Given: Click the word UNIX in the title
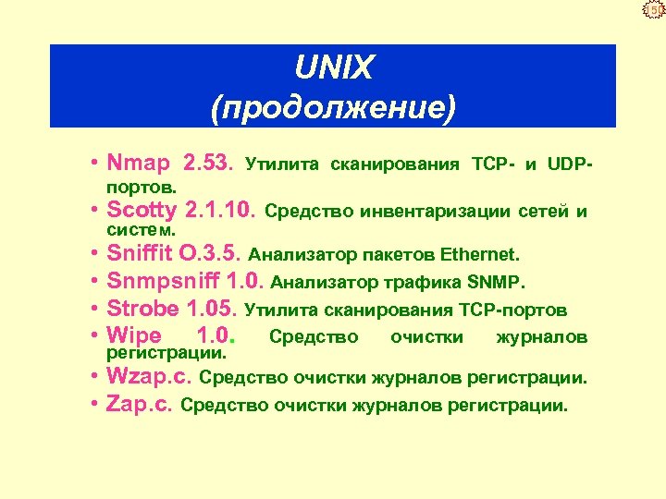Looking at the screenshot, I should [333, 67].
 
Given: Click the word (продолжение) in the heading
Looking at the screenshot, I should [333, 107].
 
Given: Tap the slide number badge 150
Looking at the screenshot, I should [653, 10].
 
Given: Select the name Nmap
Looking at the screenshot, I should [139, 164].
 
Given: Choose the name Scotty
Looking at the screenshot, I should [142, 210].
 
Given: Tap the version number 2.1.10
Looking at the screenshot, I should [221, 210].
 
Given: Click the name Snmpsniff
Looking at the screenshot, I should [161, 281].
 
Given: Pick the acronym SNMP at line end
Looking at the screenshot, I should [499, 282].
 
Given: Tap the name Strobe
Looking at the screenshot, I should [140, 309].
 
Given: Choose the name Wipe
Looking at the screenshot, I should [134, 335].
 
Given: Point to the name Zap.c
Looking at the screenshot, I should [140, 404].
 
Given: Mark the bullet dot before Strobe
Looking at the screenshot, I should [96, 309].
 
